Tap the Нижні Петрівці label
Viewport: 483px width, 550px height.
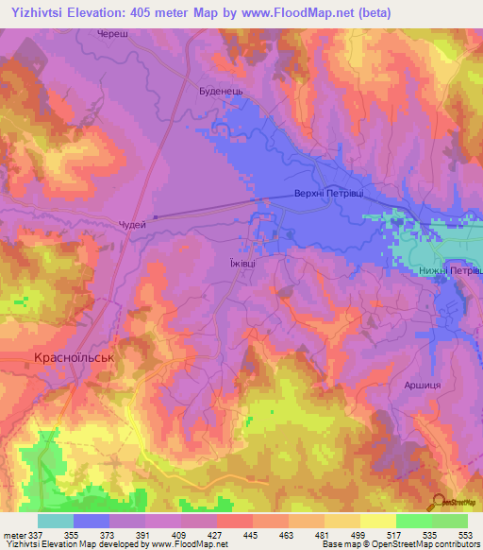(449, 271)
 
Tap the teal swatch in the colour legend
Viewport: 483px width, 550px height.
(55, 521)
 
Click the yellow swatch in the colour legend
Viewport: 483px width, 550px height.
(377, 521)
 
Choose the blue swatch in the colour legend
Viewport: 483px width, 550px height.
(91, 521)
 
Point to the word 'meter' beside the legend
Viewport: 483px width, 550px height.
(13, 535)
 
